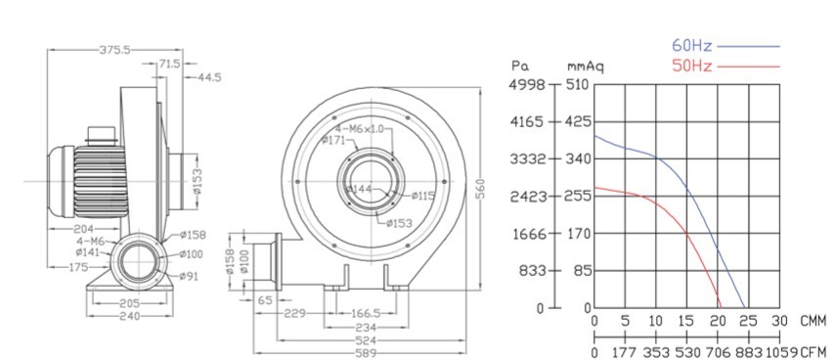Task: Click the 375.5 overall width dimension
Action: click(114, 50)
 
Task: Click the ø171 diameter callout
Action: click(333, 140)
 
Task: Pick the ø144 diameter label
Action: click(358, 190)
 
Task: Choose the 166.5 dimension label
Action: click(365, 314)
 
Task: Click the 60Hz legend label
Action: click(691, 46)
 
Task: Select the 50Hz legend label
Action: click(691, 67)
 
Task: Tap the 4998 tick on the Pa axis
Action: click(528, 85)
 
